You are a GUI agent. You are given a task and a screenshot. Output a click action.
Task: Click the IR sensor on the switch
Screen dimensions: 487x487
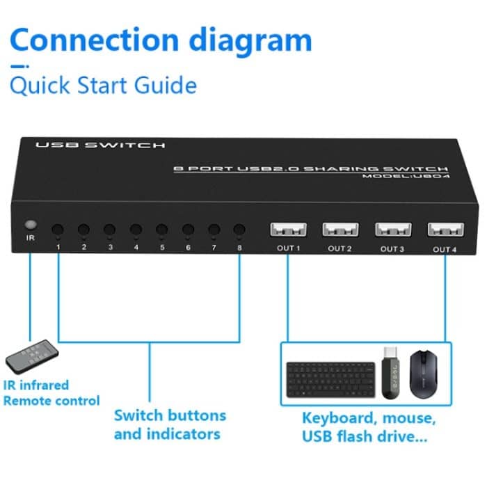coord(30,226)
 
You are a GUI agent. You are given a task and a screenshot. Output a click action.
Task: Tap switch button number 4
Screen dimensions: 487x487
coord(136,229)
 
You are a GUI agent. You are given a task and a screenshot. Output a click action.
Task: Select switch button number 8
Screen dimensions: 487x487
coord(239,229)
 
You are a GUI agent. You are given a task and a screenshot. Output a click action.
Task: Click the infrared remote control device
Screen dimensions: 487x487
coord(32,355)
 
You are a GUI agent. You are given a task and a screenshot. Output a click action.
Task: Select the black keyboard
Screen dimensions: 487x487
coord(330,378)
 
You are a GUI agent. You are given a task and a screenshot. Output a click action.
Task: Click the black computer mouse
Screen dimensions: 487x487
coord(425,373)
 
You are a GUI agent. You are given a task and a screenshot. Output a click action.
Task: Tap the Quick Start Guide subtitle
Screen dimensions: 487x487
coord(103,86)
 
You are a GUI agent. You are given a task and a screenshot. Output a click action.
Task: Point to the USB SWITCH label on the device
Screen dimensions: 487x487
coord(100,145)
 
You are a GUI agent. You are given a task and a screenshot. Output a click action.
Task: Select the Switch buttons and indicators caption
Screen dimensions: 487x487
coord(170,425)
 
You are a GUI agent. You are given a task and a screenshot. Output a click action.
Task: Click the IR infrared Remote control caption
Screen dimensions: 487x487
coord(51,393)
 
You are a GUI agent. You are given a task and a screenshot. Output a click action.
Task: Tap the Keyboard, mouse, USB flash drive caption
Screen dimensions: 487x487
coord(368,428)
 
